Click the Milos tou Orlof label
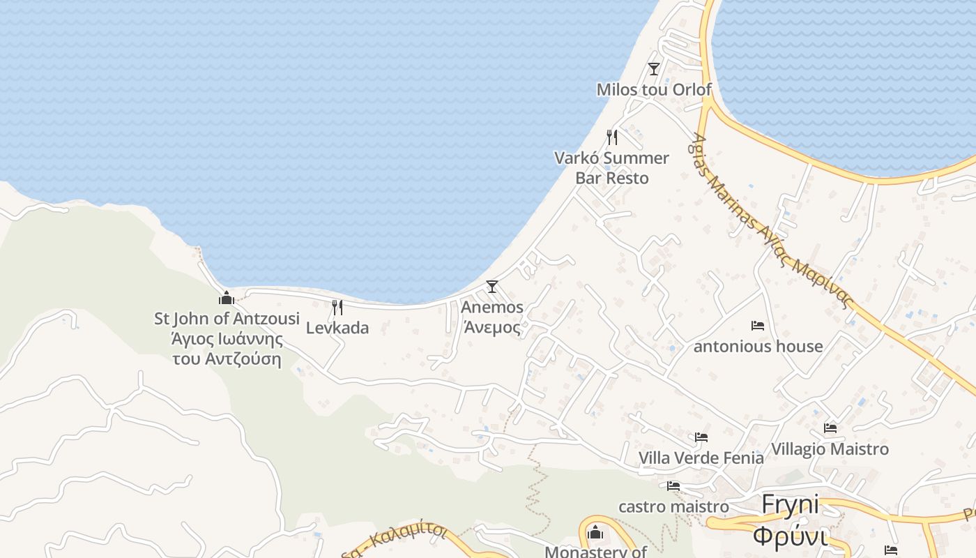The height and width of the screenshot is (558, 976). click(654, 89)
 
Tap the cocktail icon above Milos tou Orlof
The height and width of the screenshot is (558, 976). click(653, 68)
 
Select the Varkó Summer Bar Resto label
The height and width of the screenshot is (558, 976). click(611, 168)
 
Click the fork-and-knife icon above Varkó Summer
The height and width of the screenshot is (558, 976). click(611, 137)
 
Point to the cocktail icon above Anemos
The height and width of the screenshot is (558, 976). click(492, 286)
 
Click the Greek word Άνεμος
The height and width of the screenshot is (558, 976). click(492, 327)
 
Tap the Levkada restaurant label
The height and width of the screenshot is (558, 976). click(337, 328)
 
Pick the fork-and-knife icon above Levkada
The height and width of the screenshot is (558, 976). click(337, 307)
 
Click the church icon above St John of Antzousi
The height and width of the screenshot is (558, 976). click(227, 298)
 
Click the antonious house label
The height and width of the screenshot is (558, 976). click(758, 346)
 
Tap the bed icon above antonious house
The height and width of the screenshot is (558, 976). click(758, 325)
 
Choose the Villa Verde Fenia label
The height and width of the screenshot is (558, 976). click(701, 458)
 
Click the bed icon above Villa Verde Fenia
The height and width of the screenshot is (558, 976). click(701, 437)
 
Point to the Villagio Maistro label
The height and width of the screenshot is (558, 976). click(830, 448)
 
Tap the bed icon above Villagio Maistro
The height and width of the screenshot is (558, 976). click(830, 428)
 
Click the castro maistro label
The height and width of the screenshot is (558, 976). click(673, 506)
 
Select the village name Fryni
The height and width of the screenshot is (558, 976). click(791, 504)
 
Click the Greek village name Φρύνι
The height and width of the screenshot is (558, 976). click(791, 537)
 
